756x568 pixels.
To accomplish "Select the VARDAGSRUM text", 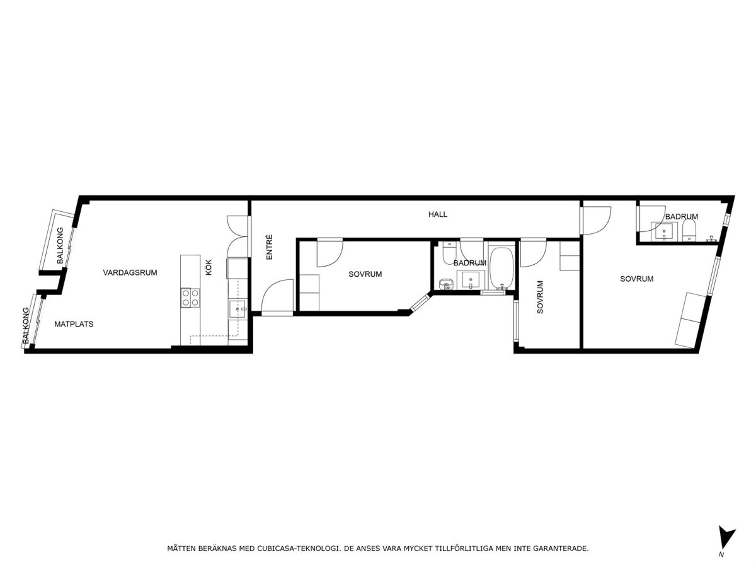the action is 130,272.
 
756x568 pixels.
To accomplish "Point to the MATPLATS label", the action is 74,324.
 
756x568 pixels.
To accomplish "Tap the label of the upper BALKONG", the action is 60,245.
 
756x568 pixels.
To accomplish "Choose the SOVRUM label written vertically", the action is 540,297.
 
